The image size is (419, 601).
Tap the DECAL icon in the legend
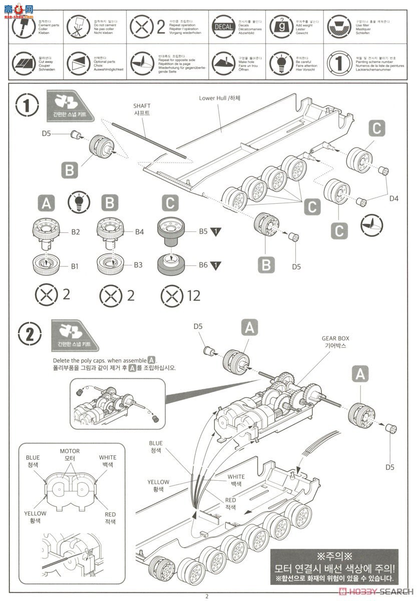[x=223, y=27]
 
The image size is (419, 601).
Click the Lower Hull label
[x=219, y=98]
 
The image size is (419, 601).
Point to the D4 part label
[x=394, y=199]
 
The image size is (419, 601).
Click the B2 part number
[x=76, y=232]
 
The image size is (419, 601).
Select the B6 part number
[x=203, y=265]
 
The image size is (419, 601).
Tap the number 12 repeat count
[x=193, y=295]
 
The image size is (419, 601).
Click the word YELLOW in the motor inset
[x=35, y=513]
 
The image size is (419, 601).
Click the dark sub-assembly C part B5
[x=171, y=234]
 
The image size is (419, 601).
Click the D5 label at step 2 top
[x=198, y=327]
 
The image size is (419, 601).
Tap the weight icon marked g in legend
[x=280, y=26]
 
